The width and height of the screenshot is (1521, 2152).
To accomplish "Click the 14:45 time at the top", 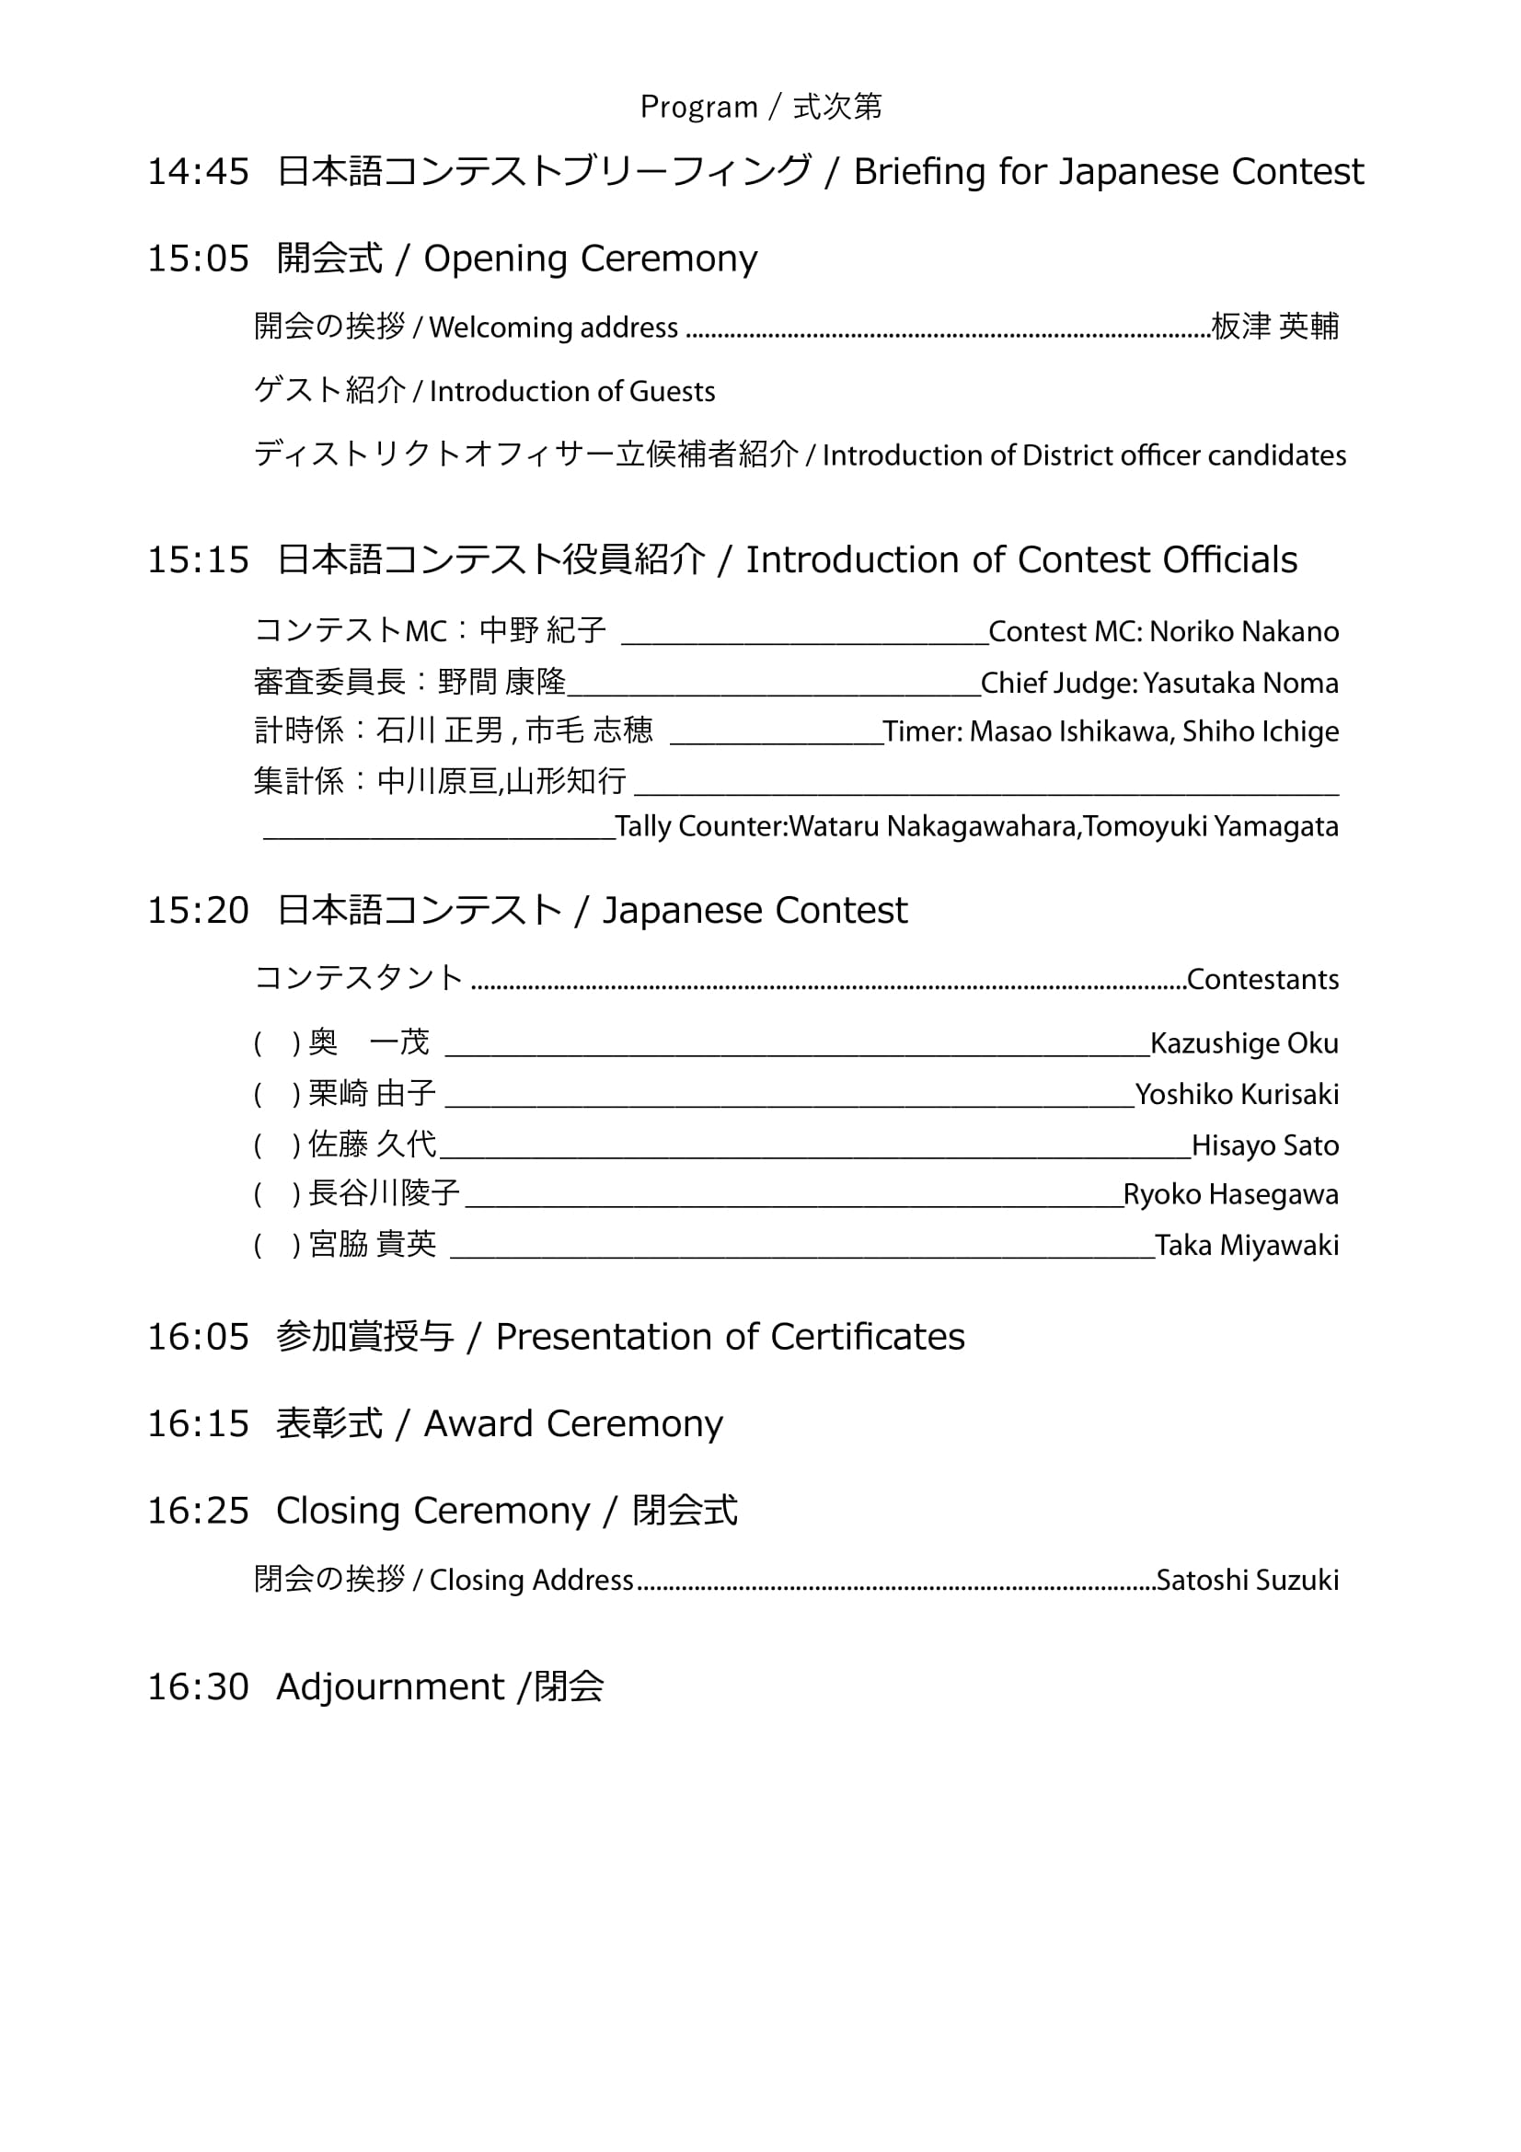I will [198, 171].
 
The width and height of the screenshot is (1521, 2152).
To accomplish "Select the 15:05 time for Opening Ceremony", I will [198, 259].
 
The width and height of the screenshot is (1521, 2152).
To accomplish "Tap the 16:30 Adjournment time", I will [198, 1687].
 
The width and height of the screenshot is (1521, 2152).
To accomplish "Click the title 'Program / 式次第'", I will [760, 107].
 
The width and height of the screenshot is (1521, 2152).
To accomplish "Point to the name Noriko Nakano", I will [1244, 632].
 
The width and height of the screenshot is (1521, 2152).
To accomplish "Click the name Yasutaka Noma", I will [1239, 684].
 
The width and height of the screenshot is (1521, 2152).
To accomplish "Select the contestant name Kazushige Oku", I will [1244, 1043].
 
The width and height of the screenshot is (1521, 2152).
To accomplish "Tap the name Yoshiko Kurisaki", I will [1236, 1094].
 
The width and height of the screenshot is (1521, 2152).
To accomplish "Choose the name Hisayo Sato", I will [1264, 1145].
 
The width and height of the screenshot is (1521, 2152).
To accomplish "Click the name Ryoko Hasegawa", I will [1230, 1195].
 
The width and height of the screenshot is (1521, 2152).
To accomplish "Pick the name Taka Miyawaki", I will [1247, 1246].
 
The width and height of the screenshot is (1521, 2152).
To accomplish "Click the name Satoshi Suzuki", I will [1248, 1581].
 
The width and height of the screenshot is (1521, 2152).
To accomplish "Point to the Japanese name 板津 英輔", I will [1274, 327].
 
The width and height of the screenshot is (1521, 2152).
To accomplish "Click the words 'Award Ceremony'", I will [573, 1423].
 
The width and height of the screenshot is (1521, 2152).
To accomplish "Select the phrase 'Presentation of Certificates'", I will [730, 1337].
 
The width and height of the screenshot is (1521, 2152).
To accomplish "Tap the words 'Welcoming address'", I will [553, 328].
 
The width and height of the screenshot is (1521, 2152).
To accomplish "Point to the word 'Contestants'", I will [1262, 980].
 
